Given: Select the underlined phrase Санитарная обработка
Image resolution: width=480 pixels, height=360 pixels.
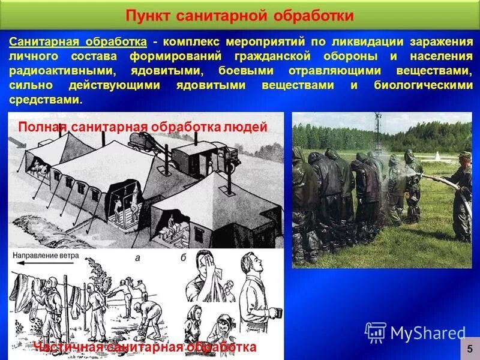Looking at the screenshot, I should (x=78, y=42).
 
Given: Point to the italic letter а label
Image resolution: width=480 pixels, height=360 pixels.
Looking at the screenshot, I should (x=137, y=257).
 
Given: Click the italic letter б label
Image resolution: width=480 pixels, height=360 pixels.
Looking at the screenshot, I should (x=183, y=257).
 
